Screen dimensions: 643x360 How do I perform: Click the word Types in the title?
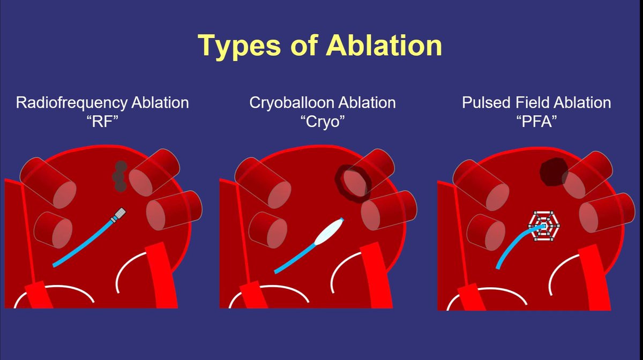(239, 46)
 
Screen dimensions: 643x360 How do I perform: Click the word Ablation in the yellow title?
(384, 46)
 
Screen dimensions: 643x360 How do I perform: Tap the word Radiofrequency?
(72, 103)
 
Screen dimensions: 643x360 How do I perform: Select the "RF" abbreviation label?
(102, 122)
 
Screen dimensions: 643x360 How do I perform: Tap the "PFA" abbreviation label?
(536, 122)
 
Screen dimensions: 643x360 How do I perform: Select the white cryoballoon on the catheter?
(329, 231)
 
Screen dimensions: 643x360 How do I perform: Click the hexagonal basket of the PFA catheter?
(544, 226)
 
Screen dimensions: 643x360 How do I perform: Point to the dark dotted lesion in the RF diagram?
(119, 176)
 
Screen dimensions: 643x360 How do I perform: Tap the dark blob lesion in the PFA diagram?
(553, 171)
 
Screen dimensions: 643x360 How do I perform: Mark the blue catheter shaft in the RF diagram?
(83, 243)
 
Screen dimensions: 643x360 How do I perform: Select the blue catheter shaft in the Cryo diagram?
(295, 258)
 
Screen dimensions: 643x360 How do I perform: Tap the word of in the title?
(304, 46)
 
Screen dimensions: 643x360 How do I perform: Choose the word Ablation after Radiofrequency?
(160, 103)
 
